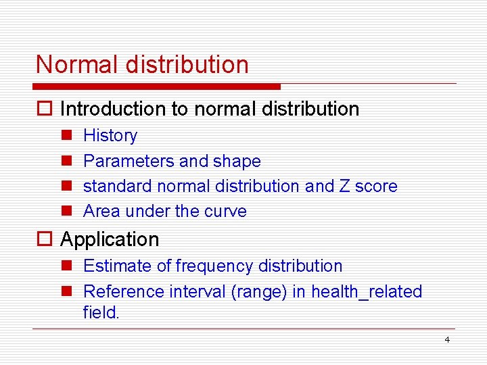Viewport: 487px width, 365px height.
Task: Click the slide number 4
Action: [x=447, y=339]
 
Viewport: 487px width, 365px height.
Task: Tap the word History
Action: [x=110, y=136]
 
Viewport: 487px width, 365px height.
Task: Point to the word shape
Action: [x=237, y=161]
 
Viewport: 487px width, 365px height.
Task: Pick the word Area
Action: [x=99, y=211]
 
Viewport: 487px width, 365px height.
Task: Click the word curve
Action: [x=225, y=211]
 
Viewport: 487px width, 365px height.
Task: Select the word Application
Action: [x=110, y=239]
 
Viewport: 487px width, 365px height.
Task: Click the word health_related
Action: [x=367, y=291]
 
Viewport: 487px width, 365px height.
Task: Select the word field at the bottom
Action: [x=101, y=312]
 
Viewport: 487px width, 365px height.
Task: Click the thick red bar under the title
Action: [x=156, y=87]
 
